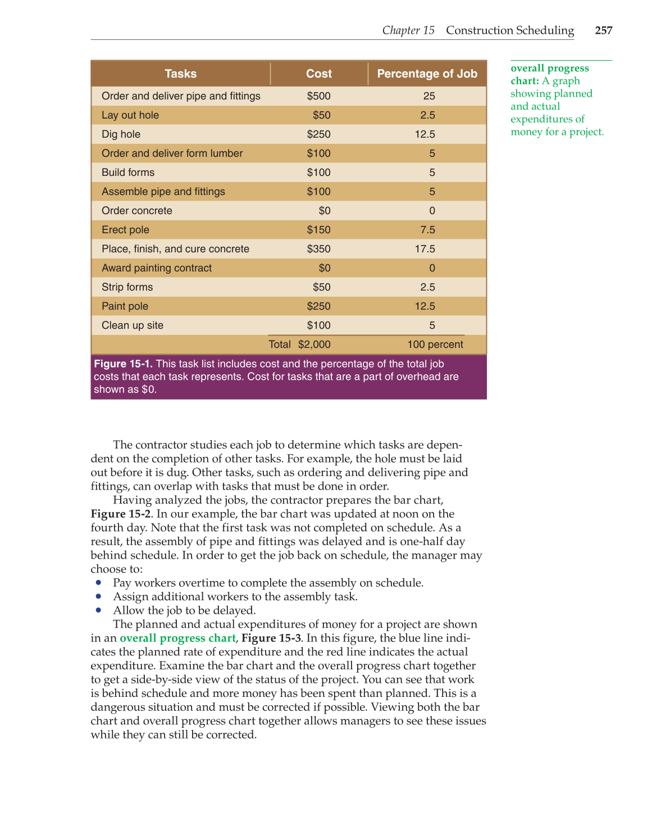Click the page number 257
click(604, 30)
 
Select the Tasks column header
click(180, 74)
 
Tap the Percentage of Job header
click(427, 74)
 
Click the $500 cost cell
click(318, 96)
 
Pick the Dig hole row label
click(121, 134)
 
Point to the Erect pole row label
click(125, 230)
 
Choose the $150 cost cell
click(318, 230)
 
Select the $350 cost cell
click(318, 249)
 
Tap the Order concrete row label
click(136, 211)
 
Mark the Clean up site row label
click(133, 325)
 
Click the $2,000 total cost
click(314, 345)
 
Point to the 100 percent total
click(435, 345)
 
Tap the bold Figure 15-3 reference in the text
click(271, 638)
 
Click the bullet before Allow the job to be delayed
click(98, 610)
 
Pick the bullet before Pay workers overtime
click(98, 582)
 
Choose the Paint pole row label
click(125, 306)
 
